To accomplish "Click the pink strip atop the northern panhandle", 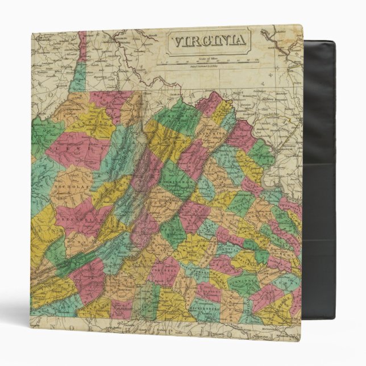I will pyautogui.click(x=82, y=45).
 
